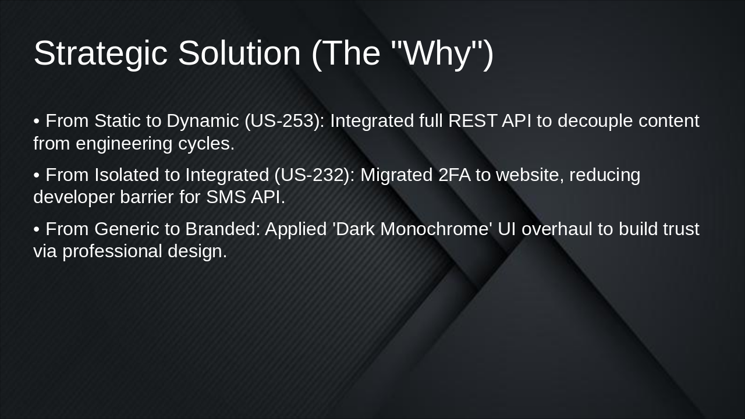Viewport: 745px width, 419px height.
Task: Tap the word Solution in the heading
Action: coord(239,54)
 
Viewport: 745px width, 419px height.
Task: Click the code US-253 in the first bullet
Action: coord(284,121)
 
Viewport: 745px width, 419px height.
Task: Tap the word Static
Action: coord(117,121)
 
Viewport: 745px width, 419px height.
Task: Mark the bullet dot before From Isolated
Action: coord(37,175)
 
